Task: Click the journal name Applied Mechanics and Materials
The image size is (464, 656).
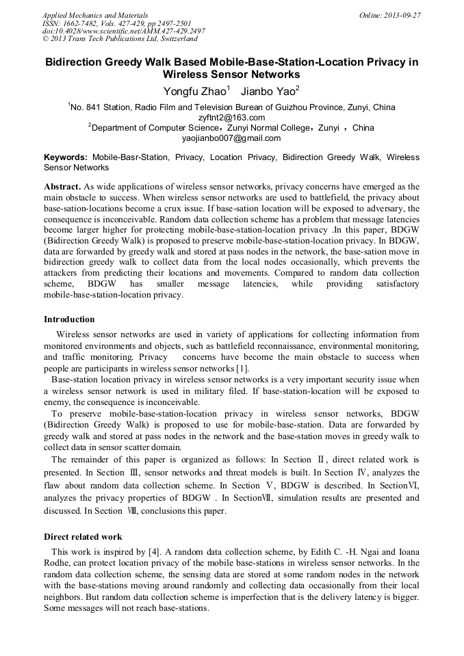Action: coord(94,15)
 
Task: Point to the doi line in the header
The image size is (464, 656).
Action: coord(123,31)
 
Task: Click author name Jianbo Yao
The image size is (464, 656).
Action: coord(270,91)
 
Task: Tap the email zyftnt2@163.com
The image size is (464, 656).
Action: coord(231,117)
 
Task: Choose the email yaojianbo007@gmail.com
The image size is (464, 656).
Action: coord(231,137)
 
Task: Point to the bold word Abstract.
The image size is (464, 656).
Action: coord(62,187)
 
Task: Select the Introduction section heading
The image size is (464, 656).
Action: coord(69,319)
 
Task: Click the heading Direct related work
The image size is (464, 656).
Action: coord(83,537)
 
